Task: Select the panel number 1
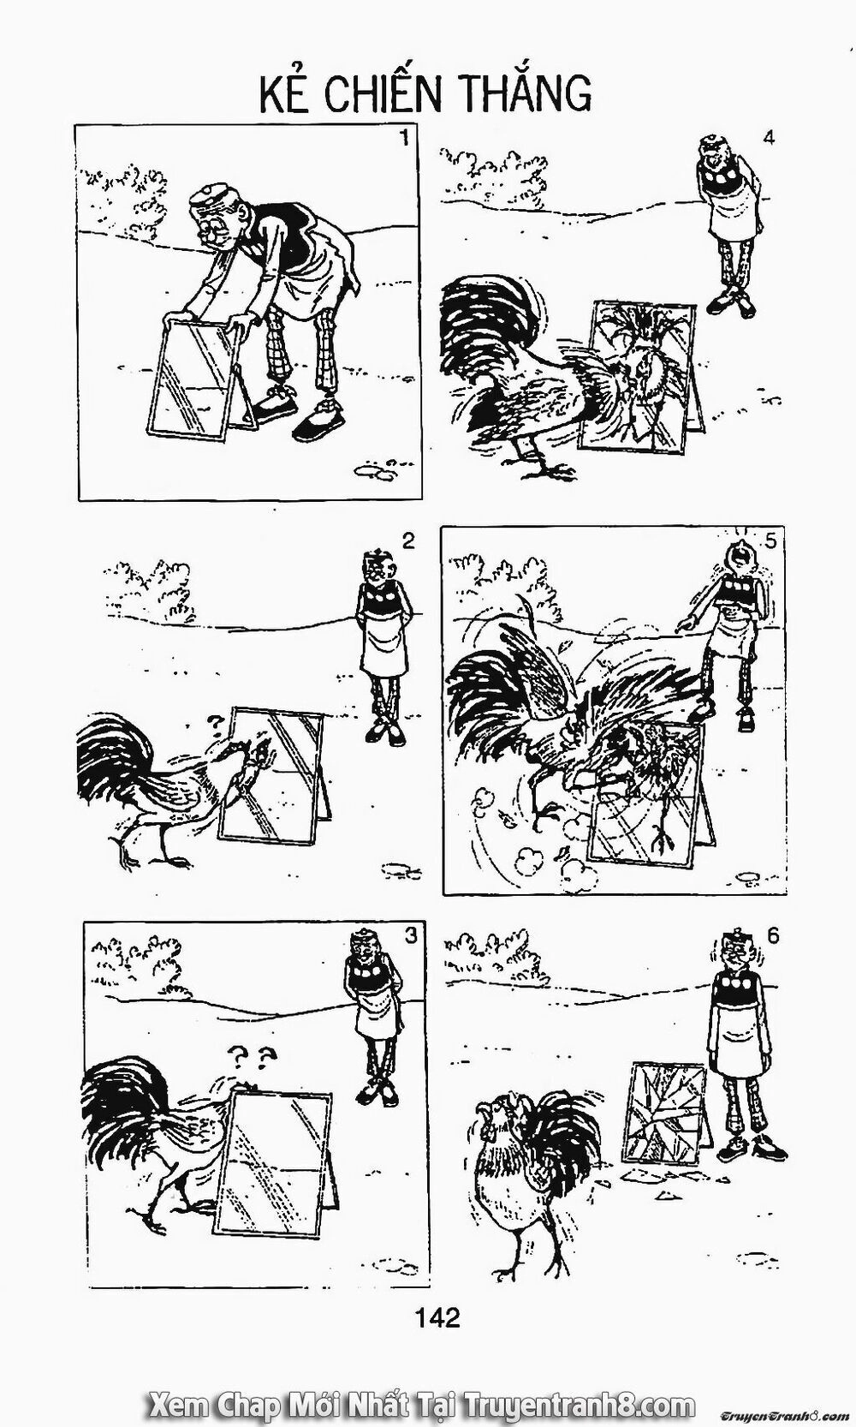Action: [404, 138]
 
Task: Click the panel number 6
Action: [773, 936]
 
